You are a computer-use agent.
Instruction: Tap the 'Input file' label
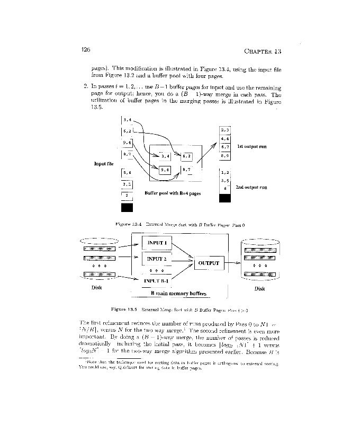[104, 163]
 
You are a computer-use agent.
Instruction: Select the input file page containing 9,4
[127, 143]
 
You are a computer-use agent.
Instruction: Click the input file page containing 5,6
[127, 172]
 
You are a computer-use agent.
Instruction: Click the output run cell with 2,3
[225, 129]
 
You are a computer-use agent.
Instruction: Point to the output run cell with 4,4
[225, 139]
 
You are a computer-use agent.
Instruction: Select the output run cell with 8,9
[225, 156]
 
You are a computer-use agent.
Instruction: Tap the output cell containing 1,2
[225, 172]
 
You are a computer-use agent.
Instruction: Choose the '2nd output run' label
[251, 187]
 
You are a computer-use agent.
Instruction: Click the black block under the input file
[127, 207]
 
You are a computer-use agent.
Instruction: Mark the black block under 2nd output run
[225, 198]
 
